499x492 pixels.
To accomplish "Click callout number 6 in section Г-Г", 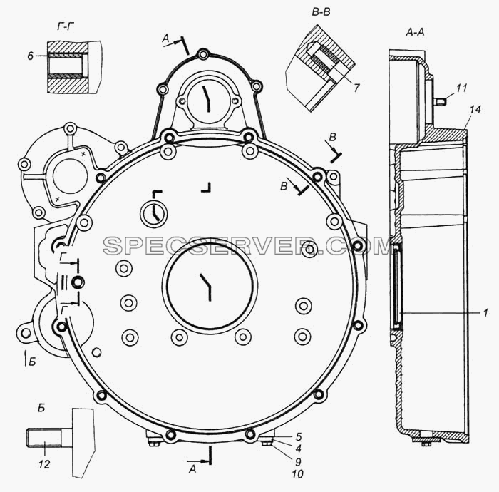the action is point(31,56).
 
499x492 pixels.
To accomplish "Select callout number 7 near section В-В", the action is point(356,88).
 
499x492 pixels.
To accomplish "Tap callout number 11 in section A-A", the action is point(461,88).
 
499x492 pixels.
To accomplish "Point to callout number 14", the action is point(475,110).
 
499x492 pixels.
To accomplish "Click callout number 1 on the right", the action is point(485,313).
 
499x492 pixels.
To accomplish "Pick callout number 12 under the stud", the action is point(44,464).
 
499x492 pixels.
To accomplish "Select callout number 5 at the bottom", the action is point(299,437).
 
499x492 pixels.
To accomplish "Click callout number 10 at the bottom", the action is point(297,474).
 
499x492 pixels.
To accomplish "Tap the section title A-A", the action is point(415,32).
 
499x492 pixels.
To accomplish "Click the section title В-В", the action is point(321,12).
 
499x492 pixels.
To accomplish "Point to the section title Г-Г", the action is point(66,27).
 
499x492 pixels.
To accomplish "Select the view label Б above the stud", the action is point(42,409).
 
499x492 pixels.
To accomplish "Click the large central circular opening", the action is point(210,285).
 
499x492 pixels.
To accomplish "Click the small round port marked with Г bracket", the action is point(154,214).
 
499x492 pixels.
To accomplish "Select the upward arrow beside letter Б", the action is point(26,359).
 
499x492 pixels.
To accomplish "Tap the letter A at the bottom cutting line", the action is point(192,469).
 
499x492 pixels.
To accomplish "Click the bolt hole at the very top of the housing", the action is point(202,54).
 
